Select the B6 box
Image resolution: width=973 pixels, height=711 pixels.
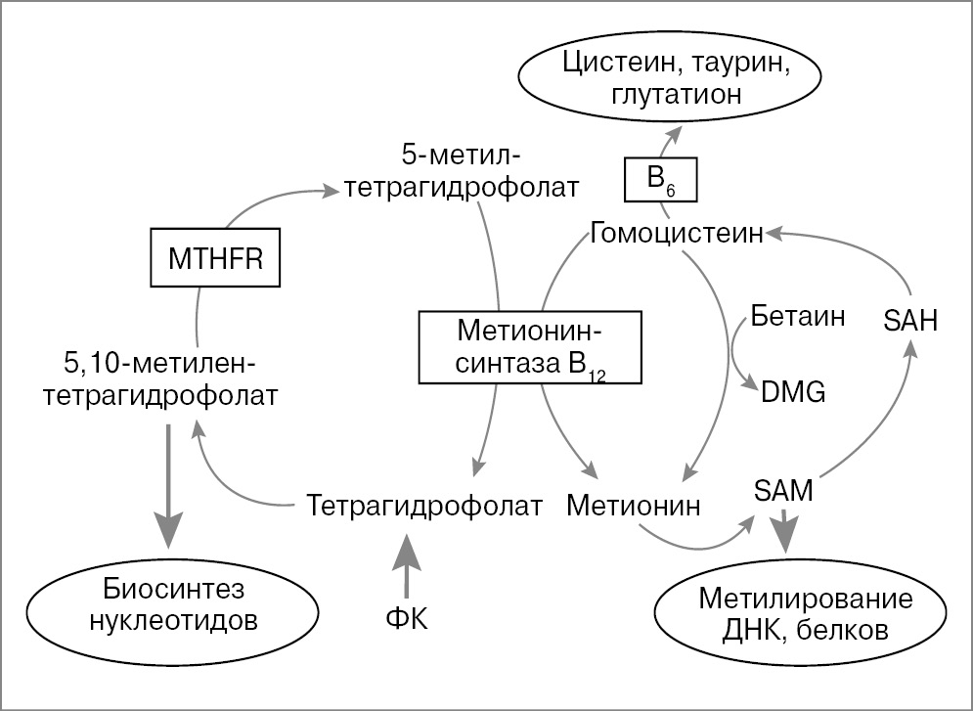click(x=661, y=179)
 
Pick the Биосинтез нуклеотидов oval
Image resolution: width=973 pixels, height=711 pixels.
click(x=171, y=606)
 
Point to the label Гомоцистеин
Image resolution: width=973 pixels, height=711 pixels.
click(x=678, y=234)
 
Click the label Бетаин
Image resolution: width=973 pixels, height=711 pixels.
click(x=798, y=316)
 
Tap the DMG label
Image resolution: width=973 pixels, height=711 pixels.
click(x=793, y=392)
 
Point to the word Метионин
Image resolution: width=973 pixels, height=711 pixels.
click(x=635, y=506)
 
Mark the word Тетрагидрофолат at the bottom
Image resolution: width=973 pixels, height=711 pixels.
click(x=424, y=506)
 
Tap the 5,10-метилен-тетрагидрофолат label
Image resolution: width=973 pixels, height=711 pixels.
click(x=162, y=380)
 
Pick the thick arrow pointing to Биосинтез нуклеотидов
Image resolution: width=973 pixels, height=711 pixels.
click(x=169, y=484)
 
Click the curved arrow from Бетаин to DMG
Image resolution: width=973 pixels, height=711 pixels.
click(x=735, y=358)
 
